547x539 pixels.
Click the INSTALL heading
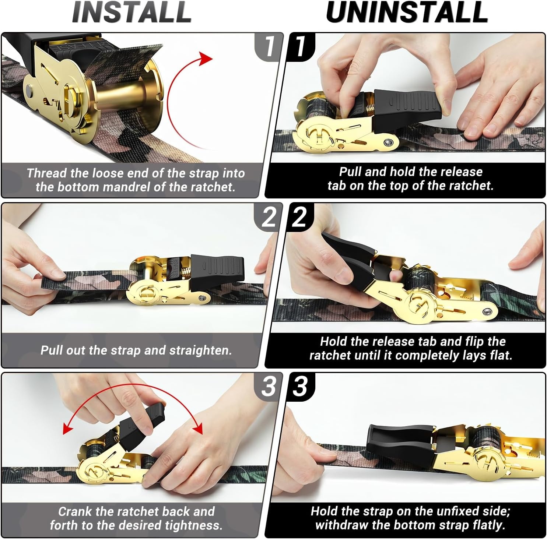(132, 12)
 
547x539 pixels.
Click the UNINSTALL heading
(407, 12)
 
